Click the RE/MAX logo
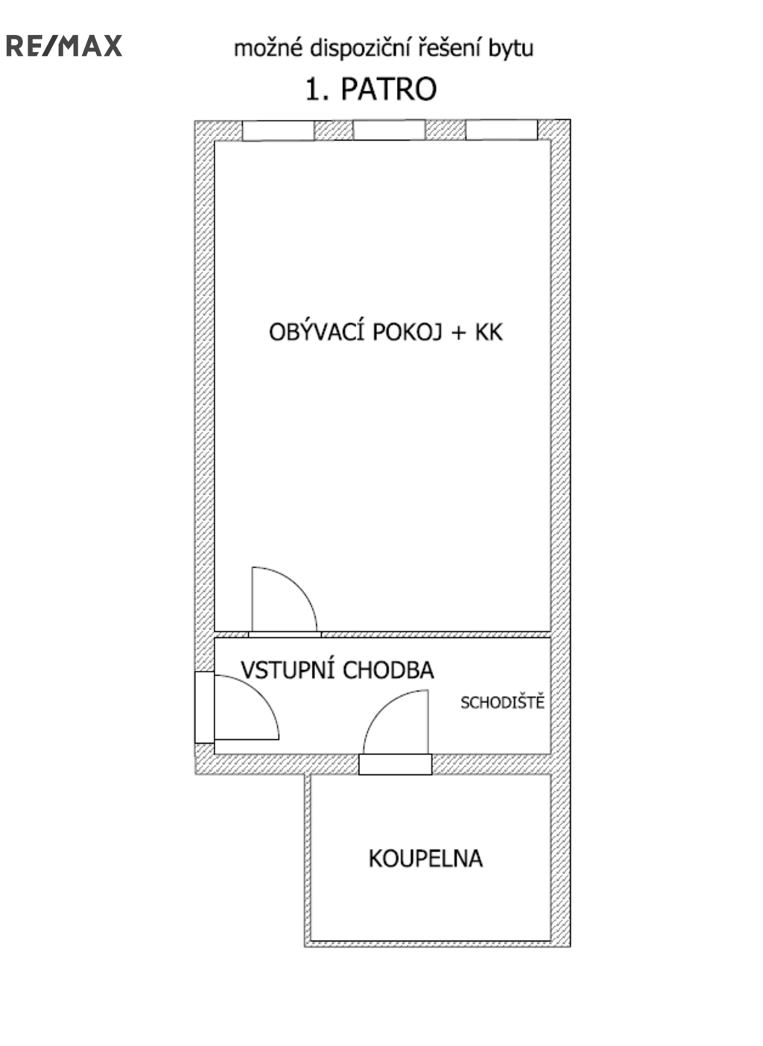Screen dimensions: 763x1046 tap(64, 45)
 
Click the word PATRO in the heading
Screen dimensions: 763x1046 tap(389, 89)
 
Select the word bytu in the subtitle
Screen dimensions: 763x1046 tap(510, 49)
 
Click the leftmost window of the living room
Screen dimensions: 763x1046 tap(278, 130)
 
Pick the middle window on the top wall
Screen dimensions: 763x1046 tap(389, 130)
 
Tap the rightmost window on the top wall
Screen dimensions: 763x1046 tap(501, 130)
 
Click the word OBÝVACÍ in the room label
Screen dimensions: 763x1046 tap(317, 331)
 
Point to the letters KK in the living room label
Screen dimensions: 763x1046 tap(489, 333)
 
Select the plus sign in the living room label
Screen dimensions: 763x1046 tap(459, 333)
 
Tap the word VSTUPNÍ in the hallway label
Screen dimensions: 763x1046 tap(288, 669)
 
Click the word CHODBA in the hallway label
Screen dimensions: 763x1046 tap(388, 671)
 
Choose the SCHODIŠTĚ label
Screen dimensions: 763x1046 tap(502, 702)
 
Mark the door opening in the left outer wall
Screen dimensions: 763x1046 tap(204, 707)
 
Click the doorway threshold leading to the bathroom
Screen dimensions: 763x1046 tap(395, 764)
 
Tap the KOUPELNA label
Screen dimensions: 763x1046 tap(425, 858)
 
